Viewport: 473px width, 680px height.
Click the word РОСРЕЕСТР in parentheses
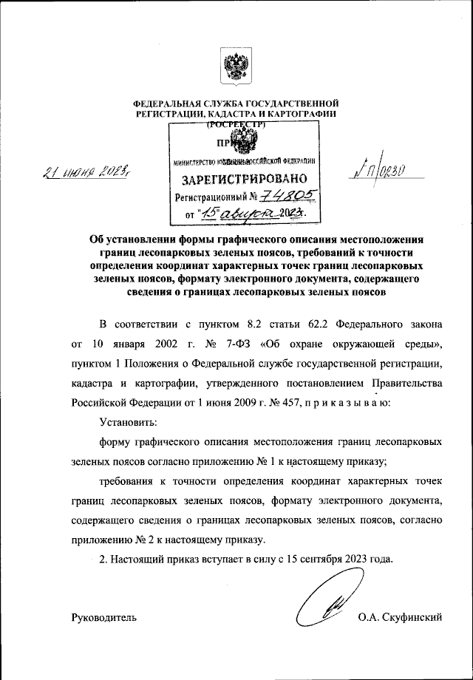[236, 124]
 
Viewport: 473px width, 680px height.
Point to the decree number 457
[292, 404]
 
